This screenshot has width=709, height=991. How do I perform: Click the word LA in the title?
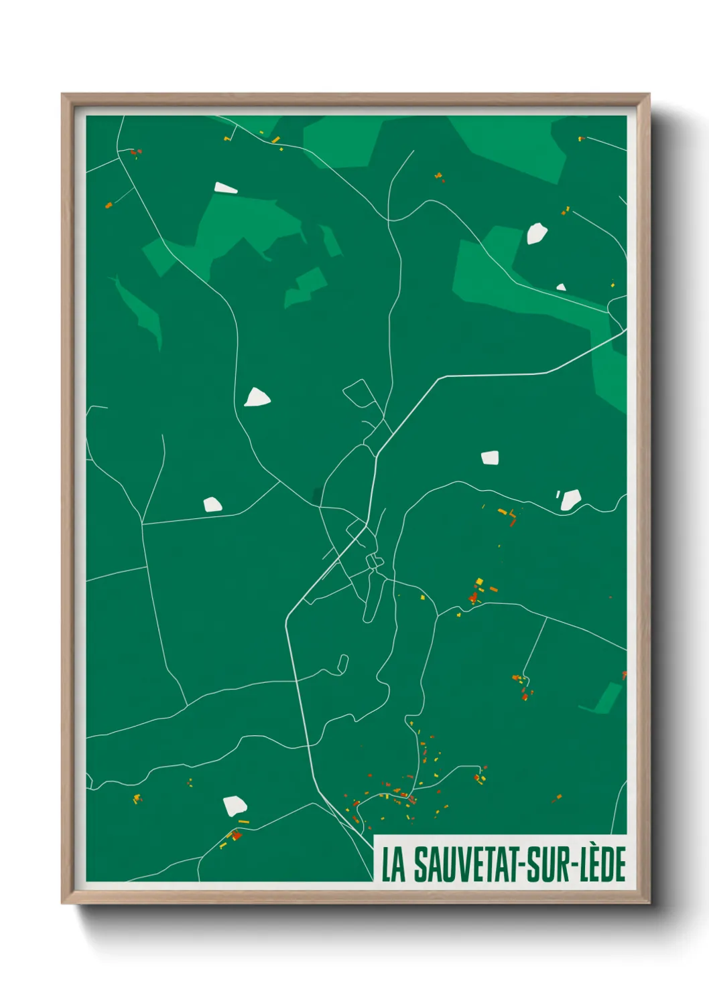tap(393, 864)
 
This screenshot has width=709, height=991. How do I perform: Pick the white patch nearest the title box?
tap(235, 806)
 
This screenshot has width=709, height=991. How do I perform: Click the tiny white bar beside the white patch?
tap(558, 495)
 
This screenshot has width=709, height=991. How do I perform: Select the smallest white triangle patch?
tap(561, 287)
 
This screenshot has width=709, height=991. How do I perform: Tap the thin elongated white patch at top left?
tap(225, 188)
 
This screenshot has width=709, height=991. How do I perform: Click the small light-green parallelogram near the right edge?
tap(608, 698)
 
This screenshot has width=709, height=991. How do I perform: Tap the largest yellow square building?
tap(479, 581)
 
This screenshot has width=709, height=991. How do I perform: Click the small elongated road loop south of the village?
tap(343, 664)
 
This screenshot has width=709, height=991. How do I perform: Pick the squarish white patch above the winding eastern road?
tap(490, 458)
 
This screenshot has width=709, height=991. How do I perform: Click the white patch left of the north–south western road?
tap(212, 504)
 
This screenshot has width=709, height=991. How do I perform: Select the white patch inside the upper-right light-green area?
tap(536, 234)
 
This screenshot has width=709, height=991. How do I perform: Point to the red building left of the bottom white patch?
tap(235, 835)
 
